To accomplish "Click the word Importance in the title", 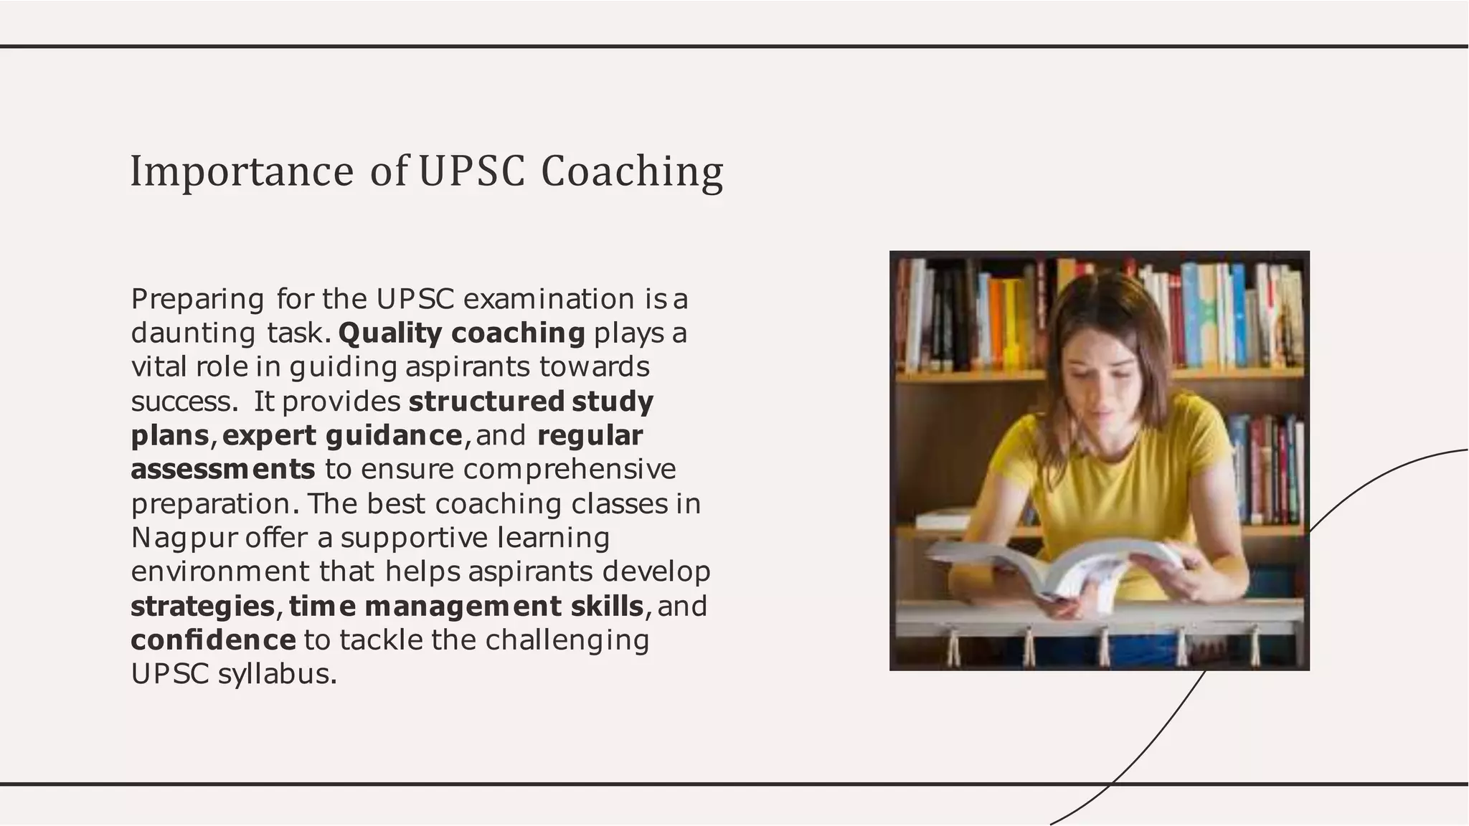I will point(242,172).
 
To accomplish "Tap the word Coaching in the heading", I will point(631,172).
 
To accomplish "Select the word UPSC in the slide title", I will point(471,172).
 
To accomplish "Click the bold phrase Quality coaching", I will point(461,333).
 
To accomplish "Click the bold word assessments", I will point(222,469).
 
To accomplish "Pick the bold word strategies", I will point(202,607).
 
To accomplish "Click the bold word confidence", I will point(213,640).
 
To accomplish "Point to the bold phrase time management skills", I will point(466,607).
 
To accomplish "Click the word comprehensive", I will point(569,469).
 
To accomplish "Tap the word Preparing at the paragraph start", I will point(197,299).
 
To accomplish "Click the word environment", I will point(220,571).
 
